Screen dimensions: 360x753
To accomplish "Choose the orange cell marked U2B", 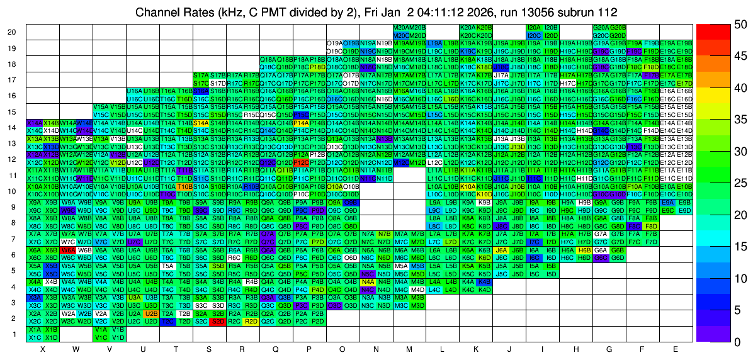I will click(x=151, y=313).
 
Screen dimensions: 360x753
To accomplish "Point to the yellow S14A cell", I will click(x=201, y=123).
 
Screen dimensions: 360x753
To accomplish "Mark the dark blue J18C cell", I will click(x=501, y=67).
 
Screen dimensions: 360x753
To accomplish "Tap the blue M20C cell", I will click(x=401, y=35).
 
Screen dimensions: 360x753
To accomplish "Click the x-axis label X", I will click(x=42, y=349).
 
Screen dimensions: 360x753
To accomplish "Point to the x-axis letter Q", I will click(x=276, y=349).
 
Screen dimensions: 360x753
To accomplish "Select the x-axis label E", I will click(x=676, y=349).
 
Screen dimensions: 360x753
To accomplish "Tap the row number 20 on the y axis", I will click(x=12, y=32).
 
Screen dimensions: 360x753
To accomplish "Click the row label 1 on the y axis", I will click(x=14, y=334).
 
